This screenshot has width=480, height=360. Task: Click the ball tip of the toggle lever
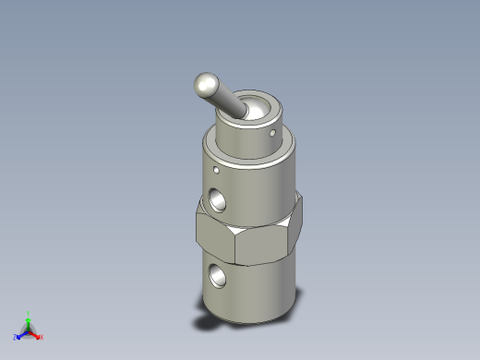205,86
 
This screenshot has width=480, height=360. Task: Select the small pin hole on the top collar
272,134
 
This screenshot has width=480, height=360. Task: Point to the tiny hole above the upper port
216,170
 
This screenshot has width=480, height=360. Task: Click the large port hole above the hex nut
217,198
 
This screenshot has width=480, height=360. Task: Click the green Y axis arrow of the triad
29,320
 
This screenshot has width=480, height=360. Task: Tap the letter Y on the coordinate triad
29,313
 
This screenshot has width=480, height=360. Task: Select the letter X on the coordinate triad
42,337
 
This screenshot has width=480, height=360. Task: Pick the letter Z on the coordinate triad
16,338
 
